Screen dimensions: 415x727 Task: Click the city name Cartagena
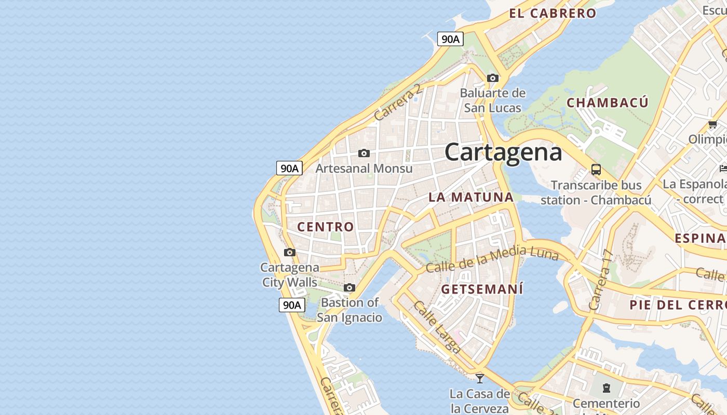point(503,152)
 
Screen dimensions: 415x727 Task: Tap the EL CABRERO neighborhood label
point(553,13)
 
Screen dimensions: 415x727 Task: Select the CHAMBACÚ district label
point(607,103)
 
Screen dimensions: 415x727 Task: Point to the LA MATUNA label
point(471,197)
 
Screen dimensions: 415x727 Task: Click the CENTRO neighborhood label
point(326,227)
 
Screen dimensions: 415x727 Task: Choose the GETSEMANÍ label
point(482,289)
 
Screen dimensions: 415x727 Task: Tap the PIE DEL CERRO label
point(678,305)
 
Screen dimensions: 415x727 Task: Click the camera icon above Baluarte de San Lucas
point(493,78)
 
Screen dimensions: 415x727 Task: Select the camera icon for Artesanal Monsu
point(364,153)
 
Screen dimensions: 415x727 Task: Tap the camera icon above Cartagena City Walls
point(290,253)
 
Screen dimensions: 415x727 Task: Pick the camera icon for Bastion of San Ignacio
point(349,287)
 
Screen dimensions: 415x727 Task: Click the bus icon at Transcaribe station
point(596,170)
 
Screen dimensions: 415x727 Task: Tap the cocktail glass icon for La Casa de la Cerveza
point(480,378)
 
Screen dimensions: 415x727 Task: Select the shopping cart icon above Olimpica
point(713,124)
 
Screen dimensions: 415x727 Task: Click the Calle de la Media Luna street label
point(492,260)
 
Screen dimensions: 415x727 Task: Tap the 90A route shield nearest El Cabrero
point(450,39)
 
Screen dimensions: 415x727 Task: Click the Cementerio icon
point(606,388)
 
